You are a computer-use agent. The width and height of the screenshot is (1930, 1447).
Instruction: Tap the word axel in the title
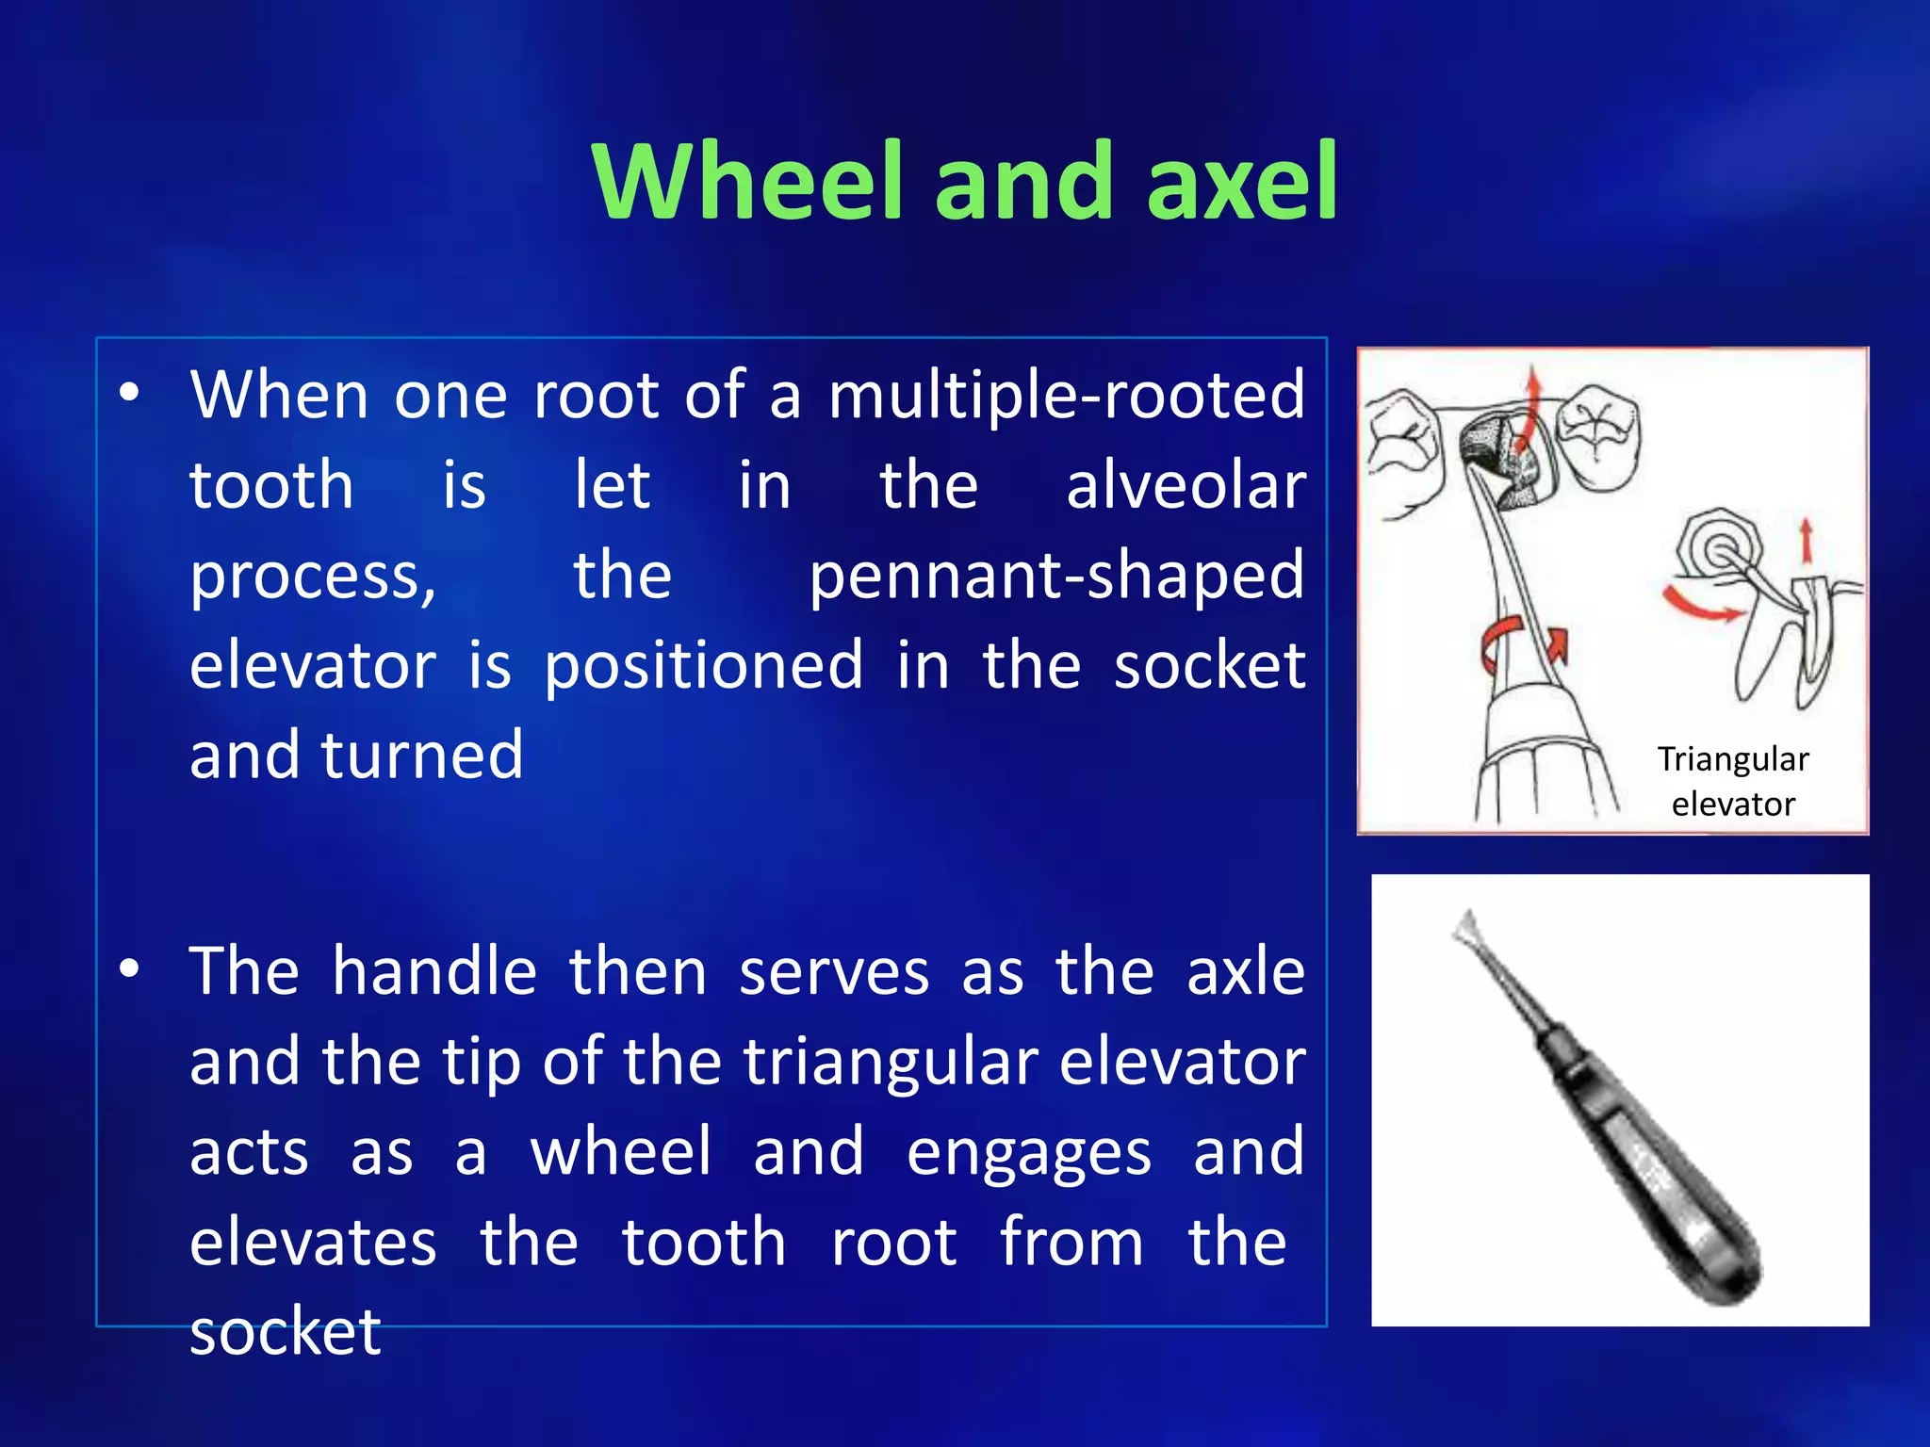[x=1242, y=181]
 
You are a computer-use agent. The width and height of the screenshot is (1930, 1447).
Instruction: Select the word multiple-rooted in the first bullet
[x=1067, y=396]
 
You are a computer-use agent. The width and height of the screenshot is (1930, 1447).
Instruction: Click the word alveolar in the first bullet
[x=1186, y=486]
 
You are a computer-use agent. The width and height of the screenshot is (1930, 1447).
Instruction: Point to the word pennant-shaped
[x=1056, y=577]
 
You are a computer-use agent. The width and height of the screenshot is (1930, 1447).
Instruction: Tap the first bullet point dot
[x=130, y=393]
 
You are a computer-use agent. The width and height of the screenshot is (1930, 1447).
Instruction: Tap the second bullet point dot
[x=130, y=969]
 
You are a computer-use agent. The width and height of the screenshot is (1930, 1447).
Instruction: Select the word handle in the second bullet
[x=434, y=971]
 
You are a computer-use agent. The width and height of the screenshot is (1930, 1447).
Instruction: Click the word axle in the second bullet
[x=1245, y=971]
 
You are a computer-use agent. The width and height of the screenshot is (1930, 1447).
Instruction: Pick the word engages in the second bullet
[x=1028, y=1153]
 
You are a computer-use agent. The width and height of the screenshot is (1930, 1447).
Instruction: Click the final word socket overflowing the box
[x=285, y=1332]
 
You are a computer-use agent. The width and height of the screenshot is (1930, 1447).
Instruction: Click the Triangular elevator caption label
[x=1732, y=781]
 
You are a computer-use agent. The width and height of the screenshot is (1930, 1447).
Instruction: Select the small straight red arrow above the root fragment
[x=1806, y=541]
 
